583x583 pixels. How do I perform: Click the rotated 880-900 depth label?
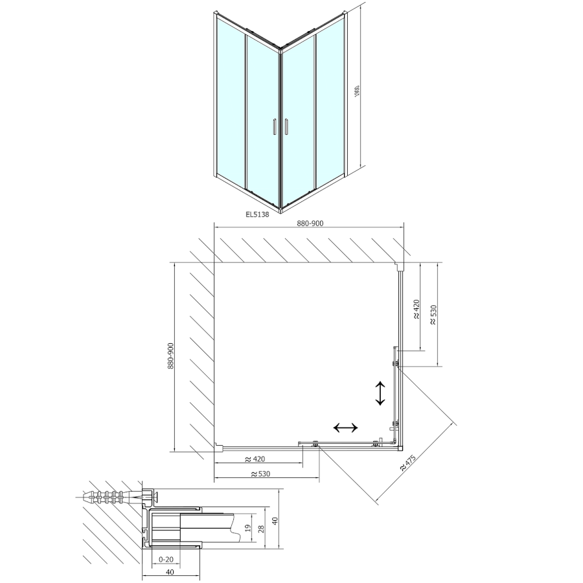pos(171,356)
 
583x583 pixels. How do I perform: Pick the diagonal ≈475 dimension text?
pos(407,461)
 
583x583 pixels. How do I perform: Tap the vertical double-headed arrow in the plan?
pos(380,393)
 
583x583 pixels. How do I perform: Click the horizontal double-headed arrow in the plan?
pos(345,428)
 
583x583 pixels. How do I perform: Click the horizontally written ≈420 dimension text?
pos(255,459)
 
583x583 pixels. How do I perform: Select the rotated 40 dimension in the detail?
pos(275,521)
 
